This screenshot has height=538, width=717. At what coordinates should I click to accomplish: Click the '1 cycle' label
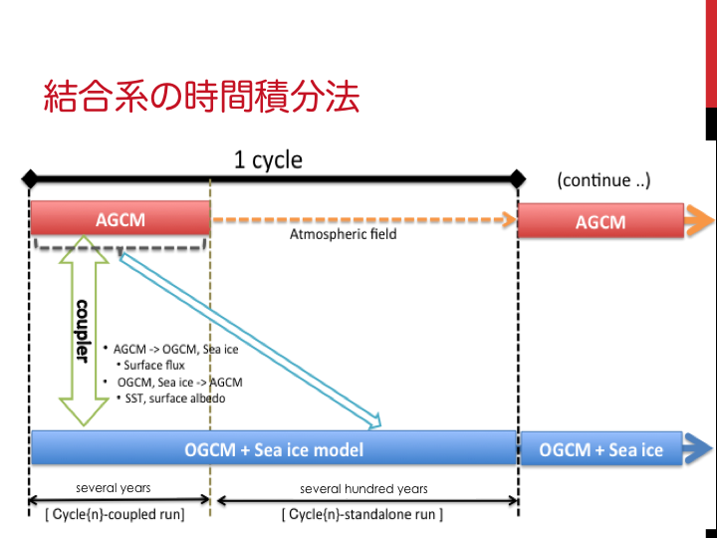(268, 159)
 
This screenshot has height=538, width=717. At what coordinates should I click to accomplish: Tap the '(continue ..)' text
(604, 180)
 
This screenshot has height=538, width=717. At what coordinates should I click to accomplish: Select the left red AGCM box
(119, 219)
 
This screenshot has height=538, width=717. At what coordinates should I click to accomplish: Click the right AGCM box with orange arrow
(601, 221)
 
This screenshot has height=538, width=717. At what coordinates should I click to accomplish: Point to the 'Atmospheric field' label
(343, 235)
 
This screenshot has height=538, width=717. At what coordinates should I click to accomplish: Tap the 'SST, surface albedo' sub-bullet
(175, 399)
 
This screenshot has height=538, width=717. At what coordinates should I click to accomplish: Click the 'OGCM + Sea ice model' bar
(274, 449)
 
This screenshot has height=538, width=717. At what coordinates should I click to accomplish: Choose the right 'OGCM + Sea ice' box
(600, 449)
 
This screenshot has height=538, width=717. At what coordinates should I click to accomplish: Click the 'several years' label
(114, 489)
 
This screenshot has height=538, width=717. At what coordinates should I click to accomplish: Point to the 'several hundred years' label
(363, 489)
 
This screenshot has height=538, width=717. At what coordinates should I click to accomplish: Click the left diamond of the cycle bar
(30, 180)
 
